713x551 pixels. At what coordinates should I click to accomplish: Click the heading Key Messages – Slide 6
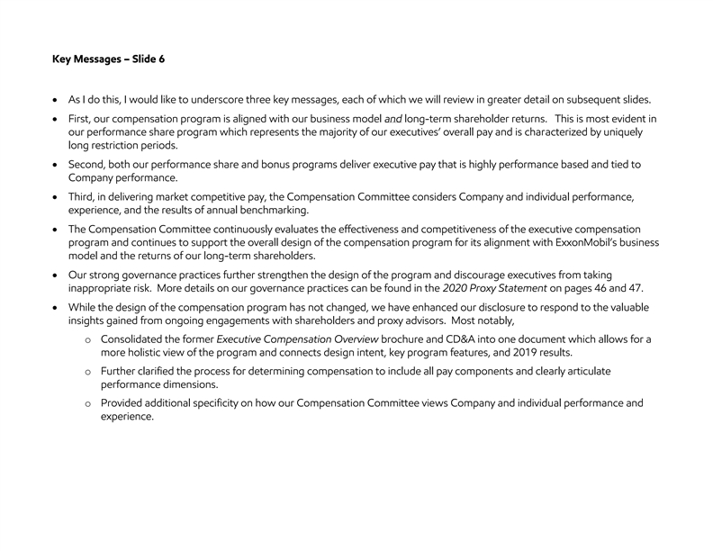coord(109,60)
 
